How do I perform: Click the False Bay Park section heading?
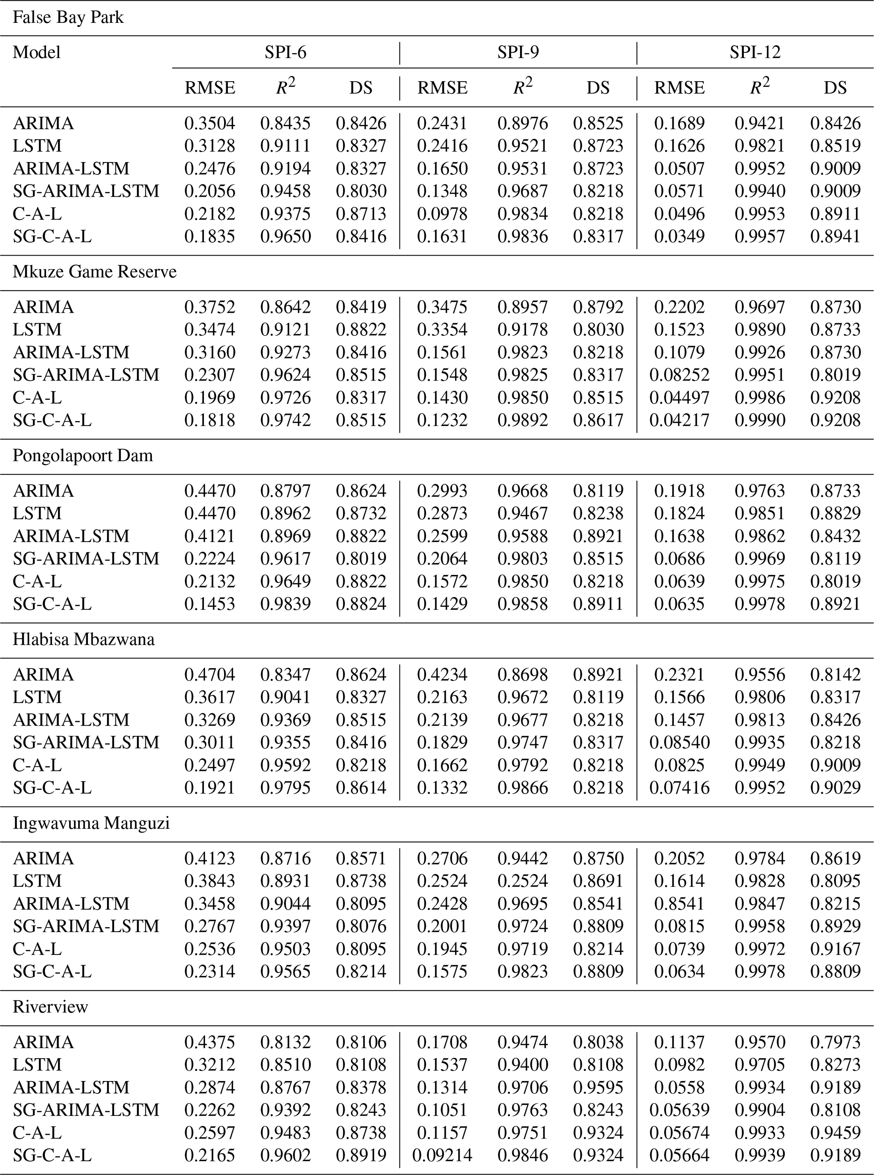pos(68,17)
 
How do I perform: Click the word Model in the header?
pos(36,52)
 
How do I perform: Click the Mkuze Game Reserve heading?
pos(94,272)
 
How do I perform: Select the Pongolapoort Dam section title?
pos(82,456)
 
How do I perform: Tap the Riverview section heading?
pos(50,1007)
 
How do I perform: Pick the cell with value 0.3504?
pos(209,123)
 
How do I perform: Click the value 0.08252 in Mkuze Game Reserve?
pos(679,375)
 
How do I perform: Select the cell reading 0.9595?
pos(598,1087)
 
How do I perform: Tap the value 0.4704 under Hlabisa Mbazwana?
pos(209,674)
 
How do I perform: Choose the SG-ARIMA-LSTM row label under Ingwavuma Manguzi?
pos(86,926)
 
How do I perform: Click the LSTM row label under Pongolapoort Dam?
pos(37,513)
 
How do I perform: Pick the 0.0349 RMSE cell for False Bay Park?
pos(679,237)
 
